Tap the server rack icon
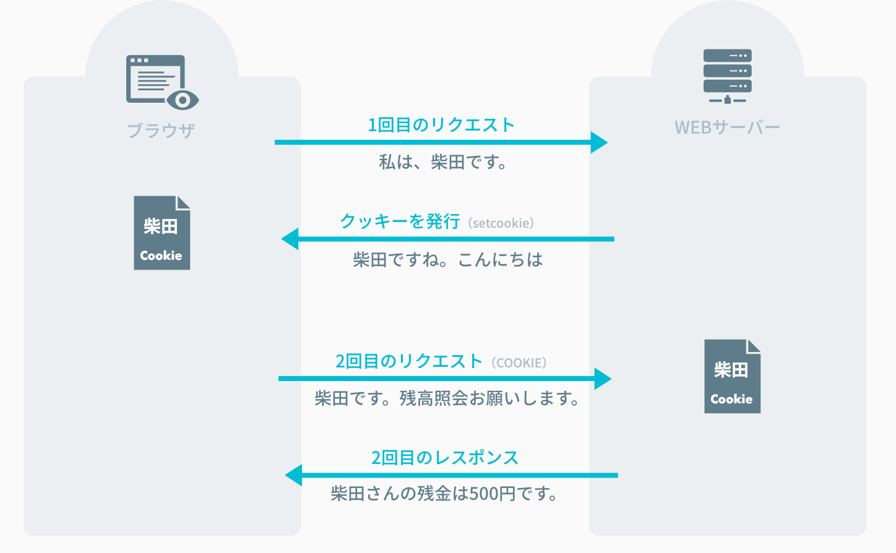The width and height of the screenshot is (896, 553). (727, 75)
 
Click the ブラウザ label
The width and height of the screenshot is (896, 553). (162, 131)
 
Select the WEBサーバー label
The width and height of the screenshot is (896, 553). (727, 127)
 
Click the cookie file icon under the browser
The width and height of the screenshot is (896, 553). (162, 233)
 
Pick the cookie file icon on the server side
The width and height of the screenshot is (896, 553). (732, 376)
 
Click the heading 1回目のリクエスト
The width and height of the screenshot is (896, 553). (441, 125)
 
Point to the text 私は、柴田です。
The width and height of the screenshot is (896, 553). (443, 163)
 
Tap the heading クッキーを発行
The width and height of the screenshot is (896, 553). (400, 221)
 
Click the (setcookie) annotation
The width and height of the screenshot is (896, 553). (501, 223)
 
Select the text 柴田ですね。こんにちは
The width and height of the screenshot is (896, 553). (448, 260)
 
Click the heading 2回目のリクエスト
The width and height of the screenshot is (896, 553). (408, 361)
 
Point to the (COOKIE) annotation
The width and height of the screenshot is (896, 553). (519, 363)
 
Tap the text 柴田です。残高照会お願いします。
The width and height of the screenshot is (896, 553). (447, 398)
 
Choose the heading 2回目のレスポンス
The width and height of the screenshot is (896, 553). (444, 458)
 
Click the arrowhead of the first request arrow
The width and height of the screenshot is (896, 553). (599, 142)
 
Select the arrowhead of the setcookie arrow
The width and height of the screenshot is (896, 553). (290, 239)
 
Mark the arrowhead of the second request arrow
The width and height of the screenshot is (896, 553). (603, 379)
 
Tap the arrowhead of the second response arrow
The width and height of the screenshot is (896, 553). (294, 475)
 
